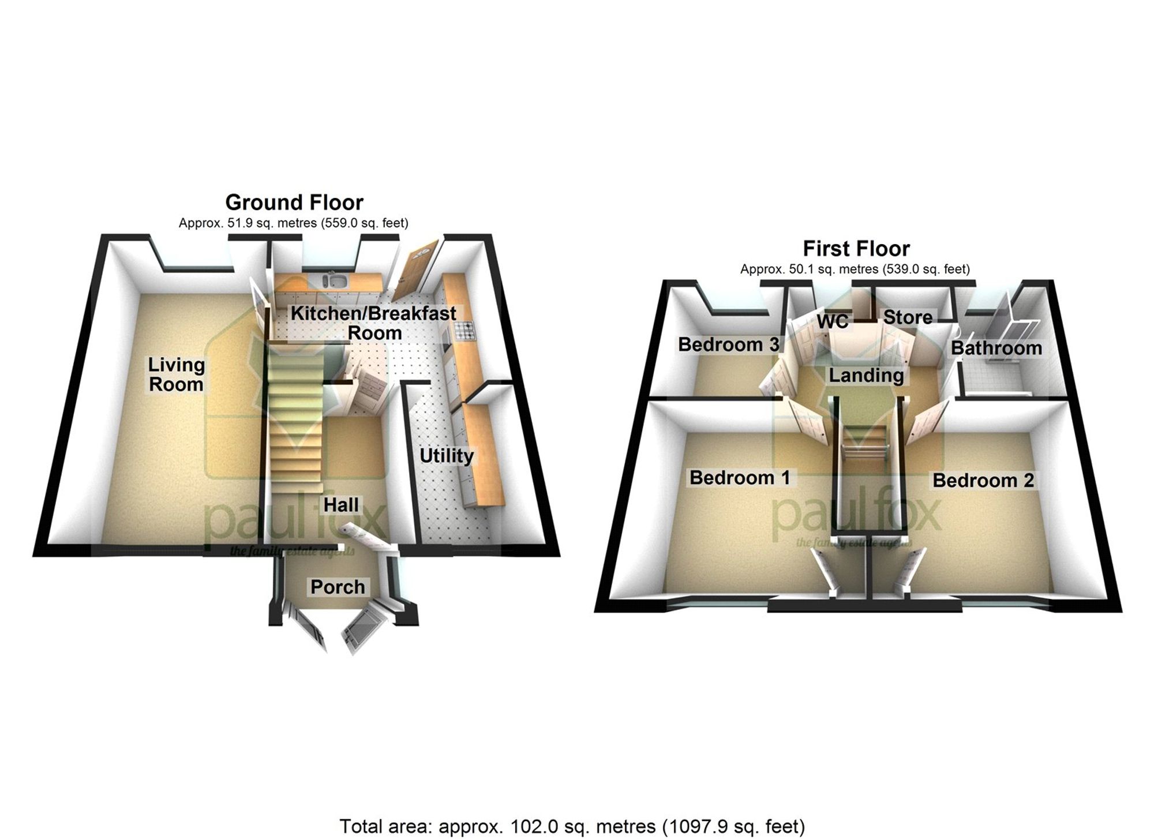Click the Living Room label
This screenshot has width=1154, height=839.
click(x=176, y=374)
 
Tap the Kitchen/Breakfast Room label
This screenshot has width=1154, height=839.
click(x=374, y=323)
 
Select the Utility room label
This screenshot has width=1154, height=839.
click(x=446, y=456)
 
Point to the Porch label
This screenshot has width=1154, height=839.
click(x=338, y=587)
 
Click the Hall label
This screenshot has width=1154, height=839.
click(x=340, y=505)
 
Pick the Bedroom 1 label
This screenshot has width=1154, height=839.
click(x=740, y=478)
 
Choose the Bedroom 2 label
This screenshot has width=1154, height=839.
click(x=983, y=481)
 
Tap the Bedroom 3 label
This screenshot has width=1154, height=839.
click(x=728, y=344)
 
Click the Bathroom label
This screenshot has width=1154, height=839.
click(x=996, y=348)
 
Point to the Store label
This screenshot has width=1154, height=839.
click(x=908, y=317)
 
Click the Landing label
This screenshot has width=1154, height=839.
click(x=866, y=376)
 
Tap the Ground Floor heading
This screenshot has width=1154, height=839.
click(x=294, y=203)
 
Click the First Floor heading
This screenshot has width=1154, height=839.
click(x=856, y=249)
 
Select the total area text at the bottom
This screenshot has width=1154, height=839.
click(x=572, y=826)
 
